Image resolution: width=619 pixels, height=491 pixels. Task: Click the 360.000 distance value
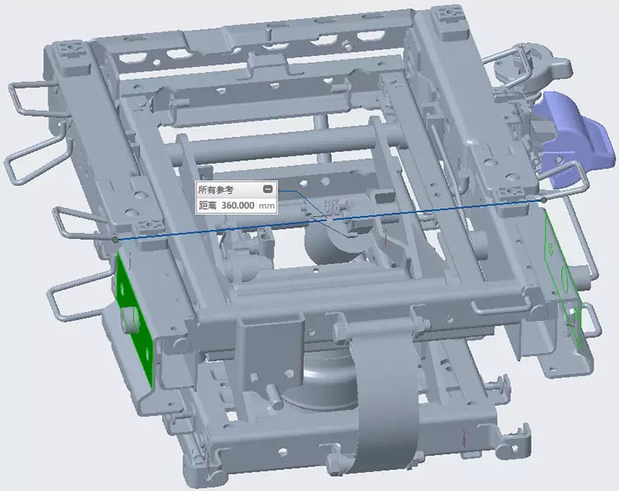238,206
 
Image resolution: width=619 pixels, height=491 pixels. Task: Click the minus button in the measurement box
267,189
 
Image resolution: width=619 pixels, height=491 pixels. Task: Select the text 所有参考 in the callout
215,190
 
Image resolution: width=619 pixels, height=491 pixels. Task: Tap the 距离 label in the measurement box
208,206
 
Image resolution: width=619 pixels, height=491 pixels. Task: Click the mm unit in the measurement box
267,206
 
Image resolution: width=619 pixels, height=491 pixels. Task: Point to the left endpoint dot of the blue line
115,240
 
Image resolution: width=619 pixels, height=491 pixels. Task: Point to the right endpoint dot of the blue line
545,200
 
